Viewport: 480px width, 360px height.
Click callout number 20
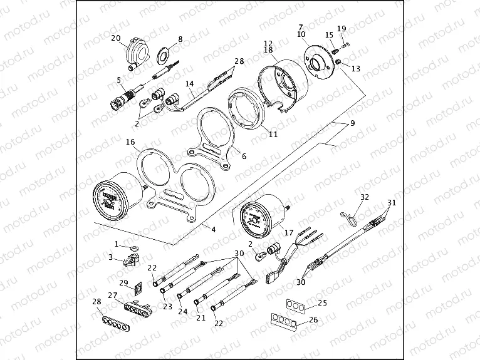point(116,38)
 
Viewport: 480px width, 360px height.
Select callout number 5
point(118,80)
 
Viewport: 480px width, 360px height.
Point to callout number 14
point(189,83)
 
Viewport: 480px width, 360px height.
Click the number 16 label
point(130,143)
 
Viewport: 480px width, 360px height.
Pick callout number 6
point(244,157)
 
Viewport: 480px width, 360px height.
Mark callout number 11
point(273,135)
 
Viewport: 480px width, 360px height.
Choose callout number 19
point(341,29)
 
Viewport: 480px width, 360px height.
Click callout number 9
point(352,123)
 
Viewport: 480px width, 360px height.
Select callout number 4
point(213,230)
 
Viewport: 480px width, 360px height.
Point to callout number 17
point(288,233)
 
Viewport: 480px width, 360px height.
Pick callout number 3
point(111,257)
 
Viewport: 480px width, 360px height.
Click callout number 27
point(113,296)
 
